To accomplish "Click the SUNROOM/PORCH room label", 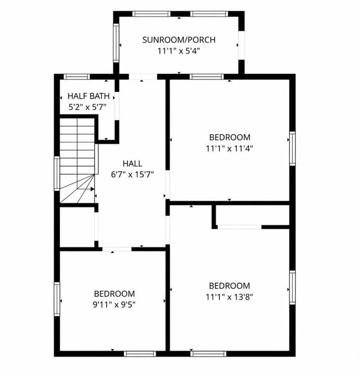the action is [179, 40].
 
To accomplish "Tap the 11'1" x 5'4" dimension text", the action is [179, 51].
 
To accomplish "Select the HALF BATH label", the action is [88, 96].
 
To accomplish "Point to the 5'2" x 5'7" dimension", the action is [87, 107].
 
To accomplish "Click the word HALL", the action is [132, 164].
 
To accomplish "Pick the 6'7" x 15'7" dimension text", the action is [132, 174].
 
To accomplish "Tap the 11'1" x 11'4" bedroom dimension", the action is [229, 148].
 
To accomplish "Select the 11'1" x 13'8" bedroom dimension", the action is [229, 297].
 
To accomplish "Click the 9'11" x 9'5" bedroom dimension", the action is [114, 304].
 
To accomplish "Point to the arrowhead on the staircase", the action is [92, 189].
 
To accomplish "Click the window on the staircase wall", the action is [57, 174].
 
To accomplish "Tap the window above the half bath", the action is [76, 76].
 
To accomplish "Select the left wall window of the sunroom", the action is [116, 43].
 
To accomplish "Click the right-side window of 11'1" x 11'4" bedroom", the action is [292, 149].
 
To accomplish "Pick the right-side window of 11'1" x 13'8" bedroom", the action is [292, 287].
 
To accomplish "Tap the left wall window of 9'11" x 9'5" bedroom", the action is [57, 299].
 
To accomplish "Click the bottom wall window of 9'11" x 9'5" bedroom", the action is [140, 354].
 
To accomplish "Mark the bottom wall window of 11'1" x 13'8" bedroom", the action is [209, 354].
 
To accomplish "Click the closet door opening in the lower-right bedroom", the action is [240, 227].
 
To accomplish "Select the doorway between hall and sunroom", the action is [143, 76].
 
